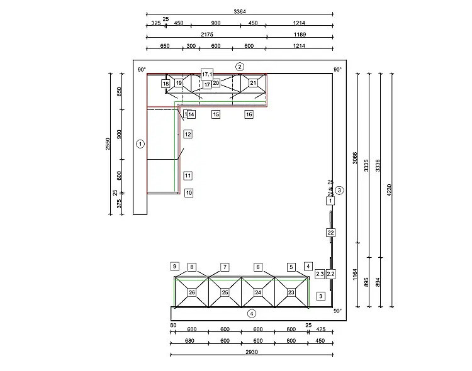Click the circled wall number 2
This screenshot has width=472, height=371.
[x=240, y=67]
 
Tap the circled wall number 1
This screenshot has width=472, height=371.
[x=140, y=144]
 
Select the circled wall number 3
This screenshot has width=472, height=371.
[x=339, y=190]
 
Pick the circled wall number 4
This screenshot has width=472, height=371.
[x=252, y=314]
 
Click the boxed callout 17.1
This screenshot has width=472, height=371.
[x=207, y=74]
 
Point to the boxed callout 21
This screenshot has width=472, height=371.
[x=253, y=83]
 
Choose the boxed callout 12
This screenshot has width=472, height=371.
[x=188, y=134]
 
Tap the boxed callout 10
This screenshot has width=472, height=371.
[x=189, y=193]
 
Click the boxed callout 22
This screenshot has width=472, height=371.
[x=330, y=233]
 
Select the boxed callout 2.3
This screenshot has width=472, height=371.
[x=320, y=274]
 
